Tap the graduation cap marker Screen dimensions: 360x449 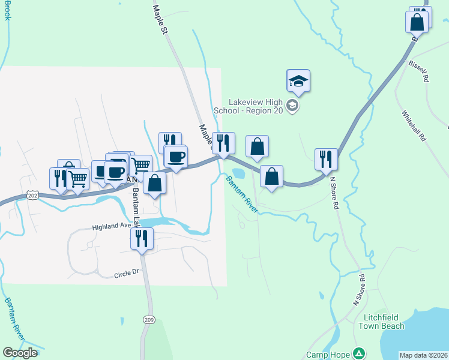point(298,80)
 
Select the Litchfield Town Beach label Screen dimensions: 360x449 point(381,322)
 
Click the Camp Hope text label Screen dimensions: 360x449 point(328,354)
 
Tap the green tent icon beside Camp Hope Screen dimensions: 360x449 point(359,353)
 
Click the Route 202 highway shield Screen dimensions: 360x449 point(33,196)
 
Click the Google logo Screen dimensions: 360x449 point(20,353)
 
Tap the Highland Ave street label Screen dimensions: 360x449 point(112,227)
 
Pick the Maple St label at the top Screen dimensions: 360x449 point(159,19)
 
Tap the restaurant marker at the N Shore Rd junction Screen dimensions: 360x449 point(326,160)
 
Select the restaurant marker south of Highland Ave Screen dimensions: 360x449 point(142,239)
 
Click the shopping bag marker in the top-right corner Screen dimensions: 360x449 point(417,22)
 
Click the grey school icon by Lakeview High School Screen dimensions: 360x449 point(292,106)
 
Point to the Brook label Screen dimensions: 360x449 point(8,10)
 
